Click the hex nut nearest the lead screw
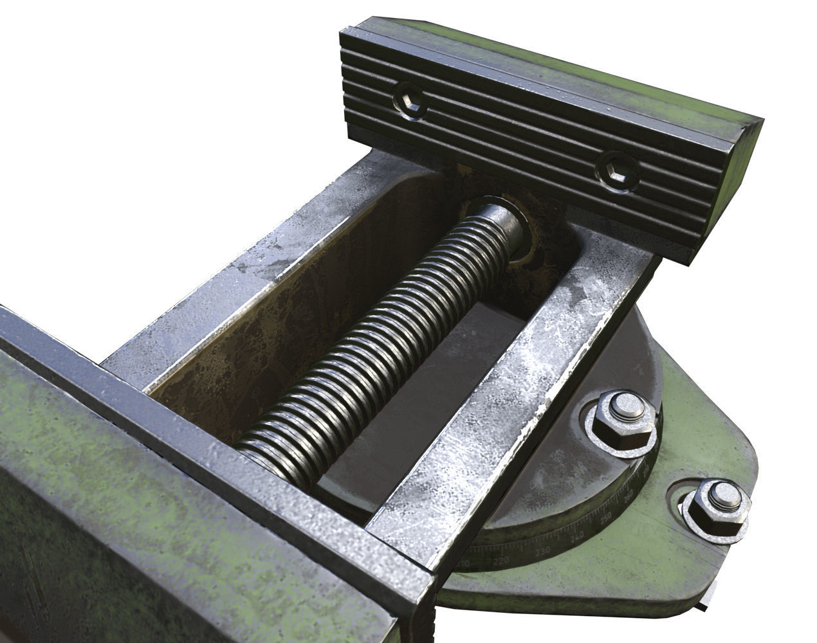[623, 419]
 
